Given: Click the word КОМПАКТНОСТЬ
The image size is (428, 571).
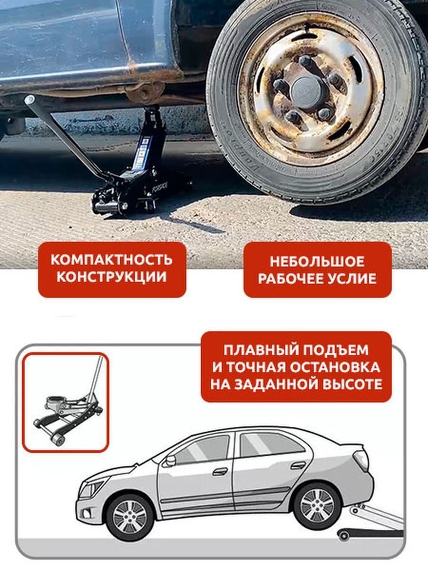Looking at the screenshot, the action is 112,260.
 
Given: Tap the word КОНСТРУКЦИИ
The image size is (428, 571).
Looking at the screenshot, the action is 112,276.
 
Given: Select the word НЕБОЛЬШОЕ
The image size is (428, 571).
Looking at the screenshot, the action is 317,261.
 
